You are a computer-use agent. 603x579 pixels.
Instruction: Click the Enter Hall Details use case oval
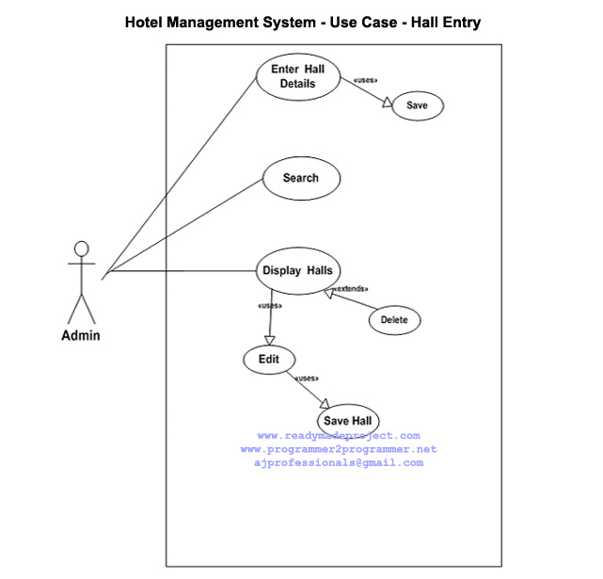(x=297, y=76)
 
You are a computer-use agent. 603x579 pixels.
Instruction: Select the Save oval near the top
(x=417, y=105)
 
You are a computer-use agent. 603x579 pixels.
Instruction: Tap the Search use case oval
(x=300, y=178)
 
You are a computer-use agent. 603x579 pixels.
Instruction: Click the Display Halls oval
(x=296, y=271)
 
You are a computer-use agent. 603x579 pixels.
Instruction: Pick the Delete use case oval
(x=394, y=320)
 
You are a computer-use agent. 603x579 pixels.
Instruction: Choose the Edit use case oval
(x=269, y=360)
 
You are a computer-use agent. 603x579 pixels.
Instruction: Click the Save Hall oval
(x=349, y=420)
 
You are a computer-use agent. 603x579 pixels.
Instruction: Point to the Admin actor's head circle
(x=82, y=249)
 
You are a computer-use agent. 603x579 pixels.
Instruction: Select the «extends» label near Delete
(x=349, y=288)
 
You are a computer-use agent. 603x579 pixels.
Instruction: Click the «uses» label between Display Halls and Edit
(x=269, y=306)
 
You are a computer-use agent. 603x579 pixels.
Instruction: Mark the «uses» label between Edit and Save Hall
(x=308, y=378)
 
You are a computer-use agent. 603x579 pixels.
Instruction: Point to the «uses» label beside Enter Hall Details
(x=365, y=80)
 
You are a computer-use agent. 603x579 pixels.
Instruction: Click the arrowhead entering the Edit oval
(x=269, y=341)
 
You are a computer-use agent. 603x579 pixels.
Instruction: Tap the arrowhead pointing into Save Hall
(x=325, y=402)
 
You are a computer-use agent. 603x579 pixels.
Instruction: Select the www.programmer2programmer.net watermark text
(x=339, y=449)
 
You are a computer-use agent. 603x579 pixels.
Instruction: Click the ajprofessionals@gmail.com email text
(x=339, y=462)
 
